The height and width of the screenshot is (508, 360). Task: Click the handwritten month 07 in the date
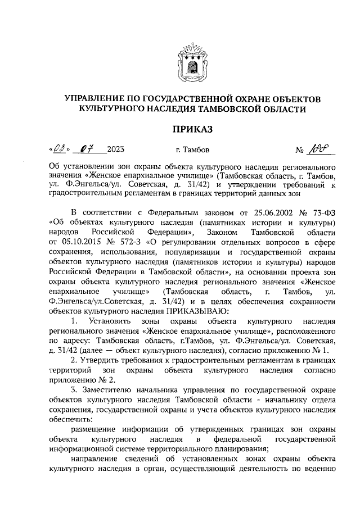pyautogui.click(x=86, y=150)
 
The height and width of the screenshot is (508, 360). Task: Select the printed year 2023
pyautogui.click(x=115, y=150)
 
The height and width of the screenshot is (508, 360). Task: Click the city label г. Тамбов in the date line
pyautogui.click(x=192, y=150)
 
